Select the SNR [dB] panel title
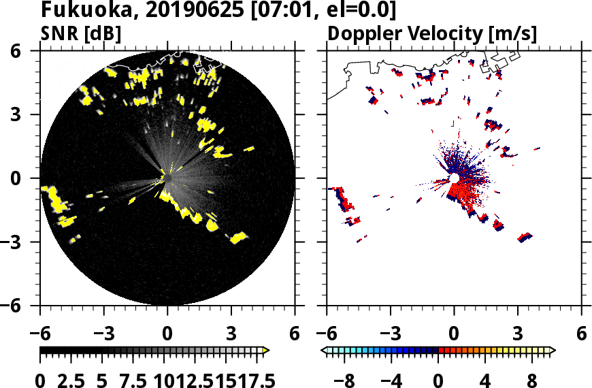pos(81,33)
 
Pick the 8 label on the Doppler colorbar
pos(531,379)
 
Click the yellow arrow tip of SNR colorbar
pos(266,351)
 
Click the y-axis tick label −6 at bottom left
pos(27,306)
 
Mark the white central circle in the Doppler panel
pos(454,178)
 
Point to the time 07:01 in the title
pos(260,10)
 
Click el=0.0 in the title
pos(350,10)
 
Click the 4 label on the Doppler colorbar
pos(485,379)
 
